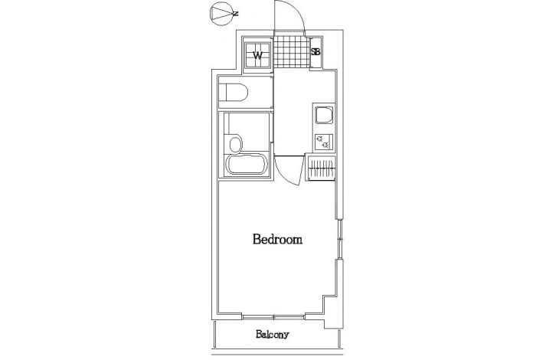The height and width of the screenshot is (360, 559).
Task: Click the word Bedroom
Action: coord(277,239)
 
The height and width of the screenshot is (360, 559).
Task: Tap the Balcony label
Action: coord(273,335)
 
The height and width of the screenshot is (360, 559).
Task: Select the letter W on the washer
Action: coord(257,55)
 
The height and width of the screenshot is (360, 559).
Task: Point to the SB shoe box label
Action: coord(315,52)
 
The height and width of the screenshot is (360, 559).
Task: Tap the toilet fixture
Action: coord(233,92)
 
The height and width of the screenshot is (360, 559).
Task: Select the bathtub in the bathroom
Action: coord(247,164)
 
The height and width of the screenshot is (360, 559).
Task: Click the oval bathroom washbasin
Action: coord(235,144)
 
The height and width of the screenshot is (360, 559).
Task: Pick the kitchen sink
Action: coord(324,115)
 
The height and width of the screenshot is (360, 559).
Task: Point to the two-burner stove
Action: coord(324,142)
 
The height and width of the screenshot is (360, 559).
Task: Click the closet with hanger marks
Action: coord(321,167)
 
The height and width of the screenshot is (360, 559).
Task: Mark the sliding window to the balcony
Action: coord(274,316)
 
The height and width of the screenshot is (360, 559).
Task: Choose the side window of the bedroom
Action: coord(340,239)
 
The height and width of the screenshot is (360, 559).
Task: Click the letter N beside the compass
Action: coord(235,14)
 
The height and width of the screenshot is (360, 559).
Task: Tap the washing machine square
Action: coord(257,55)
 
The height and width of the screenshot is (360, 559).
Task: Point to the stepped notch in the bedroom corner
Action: coord(330,306)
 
